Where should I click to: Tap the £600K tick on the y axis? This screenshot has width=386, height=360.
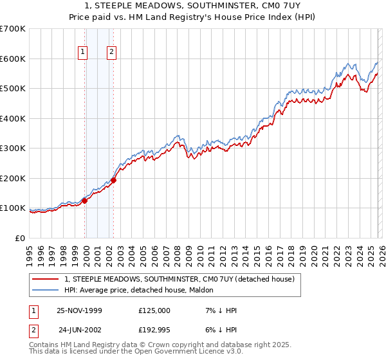[x=13, y=59]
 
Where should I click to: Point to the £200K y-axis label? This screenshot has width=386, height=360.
[x=13, y=178]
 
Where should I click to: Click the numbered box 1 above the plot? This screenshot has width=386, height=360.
[x=84, y=53]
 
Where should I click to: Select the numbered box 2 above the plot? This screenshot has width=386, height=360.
[x=112, y=53]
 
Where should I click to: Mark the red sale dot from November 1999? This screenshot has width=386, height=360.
[x=85, y=201]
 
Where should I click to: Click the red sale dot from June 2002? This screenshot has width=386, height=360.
[x=114, y=181]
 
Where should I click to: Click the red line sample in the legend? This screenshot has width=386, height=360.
[x=45, y=279]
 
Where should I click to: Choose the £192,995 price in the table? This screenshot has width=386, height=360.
[x=154, y=330]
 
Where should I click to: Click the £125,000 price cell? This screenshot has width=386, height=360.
[x=154, y=310]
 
